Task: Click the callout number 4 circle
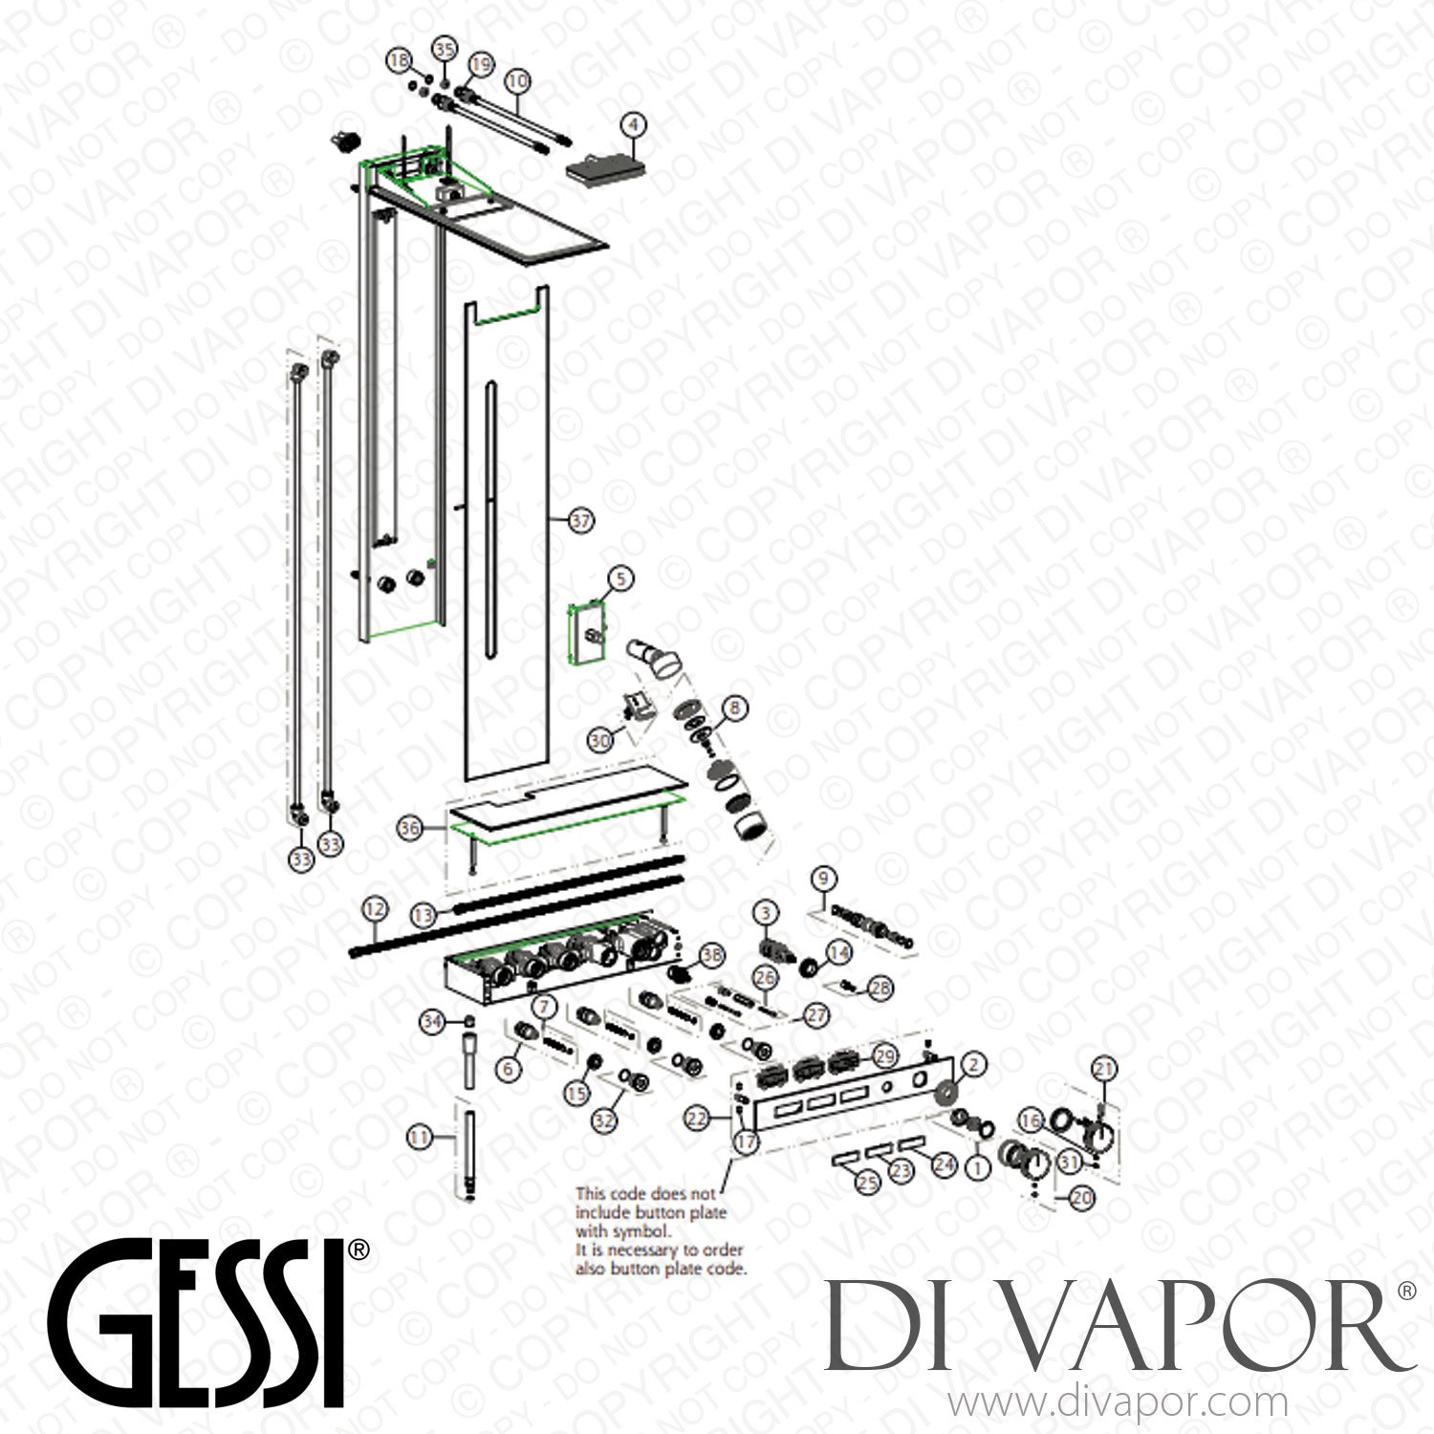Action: click(x=632, y=124)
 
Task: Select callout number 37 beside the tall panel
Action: click(x=581, y=521)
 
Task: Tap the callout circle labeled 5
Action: click(x=620, y=578)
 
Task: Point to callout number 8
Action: click(x=734, y=708)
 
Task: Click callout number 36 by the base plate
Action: click(x=410, y=828)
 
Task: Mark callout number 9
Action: click(x=823, y=878)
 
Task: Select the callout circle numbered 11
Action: click(x=419, y=1138)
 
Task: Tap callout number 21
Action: click(x=1104, y=1069)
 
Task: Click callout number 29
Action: click(x=885, y=1056)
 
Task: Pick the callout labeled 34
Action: click(x=433, y=1022)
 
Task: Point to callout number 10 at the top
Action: click(x=517, y=81)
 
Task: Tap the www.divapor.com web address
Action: click(x=1117, y=1403)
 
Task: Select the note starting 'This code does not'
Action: click(x=660, y=1231)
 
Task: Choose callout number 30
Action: click(x=600, y=740)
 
